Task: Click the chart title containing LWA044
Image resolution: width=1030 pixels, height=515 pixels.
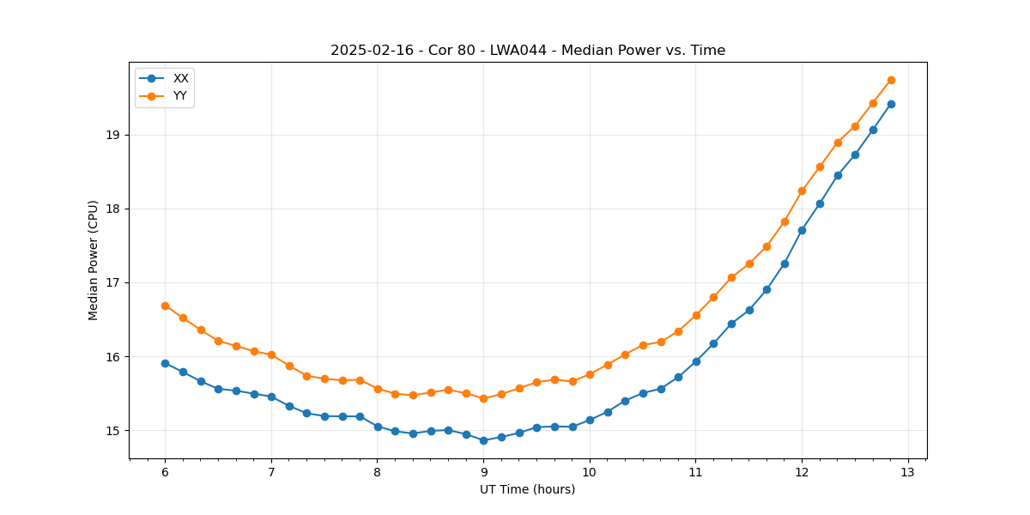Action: point(528,51)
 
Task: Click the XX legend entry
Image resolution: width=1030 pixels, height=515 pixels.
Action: point(180,78)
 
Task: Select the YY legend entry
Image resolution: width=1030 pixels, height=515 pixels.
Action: point(180,95)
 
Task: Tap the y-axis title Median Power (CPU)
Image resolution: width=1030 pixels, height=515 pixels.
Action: point(94,260)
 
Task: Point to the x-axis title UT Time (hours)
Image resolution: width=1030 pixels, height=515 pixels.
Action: point(527,489)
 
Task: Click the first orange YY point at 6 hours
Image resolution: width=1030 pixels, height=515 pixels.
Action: point(165,306)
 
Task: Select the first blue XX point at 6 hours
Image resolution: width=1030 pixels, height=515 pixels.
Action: point(165,363)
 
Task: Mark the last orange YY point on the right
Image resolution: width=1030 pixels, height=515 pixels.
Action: point(891,80)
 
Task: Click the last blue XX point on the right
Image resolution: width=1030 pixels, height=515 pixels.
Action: point(891,104)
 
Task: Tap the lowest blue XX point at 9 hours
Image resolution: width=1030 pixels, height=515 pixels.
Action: point(483,440)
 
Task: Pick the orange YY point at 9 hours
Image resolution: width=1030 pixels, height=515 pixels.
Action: point(483,398)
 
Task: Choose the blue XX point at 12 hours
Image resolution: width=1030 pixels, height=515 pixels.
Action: point(802,230)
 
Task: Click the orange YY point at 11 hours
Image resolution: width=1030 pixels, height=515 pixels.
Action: point(696,315)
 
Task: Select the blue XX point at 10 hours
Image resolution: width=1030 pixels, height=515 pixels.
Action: point(590,420)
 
